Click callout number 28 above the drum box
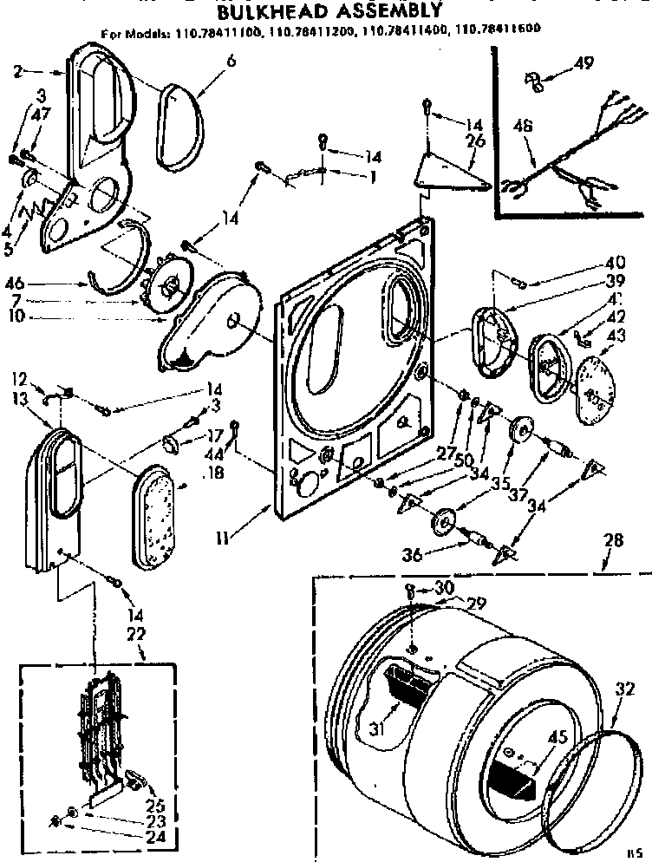point(612,540)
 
